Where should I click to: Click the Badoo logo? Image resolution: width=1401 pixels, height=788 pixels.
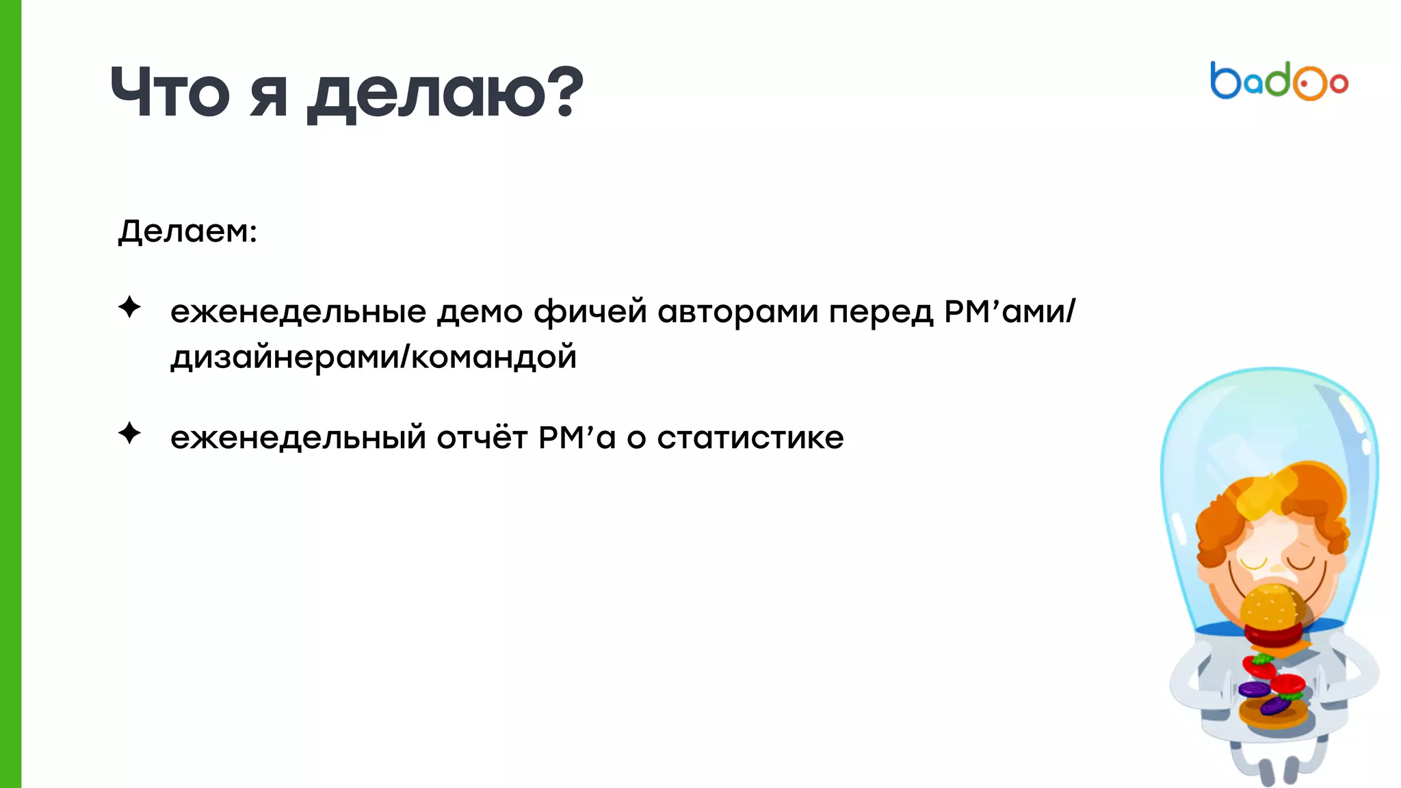coord(1279,81)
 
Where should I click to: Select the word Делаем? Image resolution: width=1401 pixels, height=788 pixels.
coord(187,231)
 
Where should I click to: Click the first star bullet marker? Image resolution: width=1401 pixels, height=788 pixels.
coord(129,307)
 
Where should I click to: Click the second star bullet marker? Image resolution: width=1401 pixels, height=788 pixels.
coord(129,433)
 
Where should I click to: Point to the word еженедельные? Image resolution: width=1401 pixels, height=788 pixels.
coord(298,312)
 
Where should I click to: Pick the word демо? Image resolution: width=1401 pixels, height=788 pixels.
coord(480,312)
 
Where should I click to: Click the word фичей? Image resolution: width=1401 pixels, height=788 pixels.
coord(590,312)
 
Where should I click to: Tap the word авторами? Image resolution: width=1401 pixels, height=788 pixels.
coord(737,312)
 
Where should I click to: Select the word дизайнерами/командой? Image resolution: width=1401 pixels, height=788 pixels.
coord(374,357)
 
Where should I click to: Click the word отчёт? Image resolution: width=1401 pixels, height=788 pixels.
coord(482,438)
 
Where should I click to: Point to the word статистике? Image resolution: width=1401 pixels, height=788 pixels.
coord(750,438)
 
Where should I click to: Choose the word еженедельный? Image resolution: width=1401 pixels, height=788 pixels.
coord(298,438)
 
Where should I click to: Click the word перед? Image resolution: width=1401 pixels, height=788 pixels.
coord(881,312)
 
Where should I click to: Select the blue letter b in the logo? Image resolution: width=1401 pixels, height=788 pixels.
coord(1225,81)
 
